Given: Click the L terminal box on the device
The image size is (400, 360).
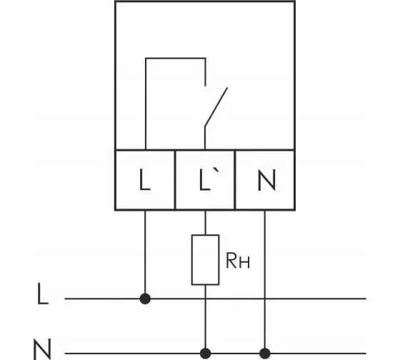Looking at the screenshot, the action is click(145, 180).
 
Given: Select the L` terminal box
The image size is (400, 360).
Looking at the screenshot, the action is click(205, 180).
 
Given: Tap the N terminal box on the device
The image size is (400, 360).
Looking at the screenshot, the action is click(265, 180).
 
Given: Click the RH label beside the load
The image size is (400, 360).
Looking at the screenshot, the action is click(238, 261).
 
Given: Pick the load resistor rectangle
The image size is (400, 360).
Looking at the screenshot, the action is click(206, 259).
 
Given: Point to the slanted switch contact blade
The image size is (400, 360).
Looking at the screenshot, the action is click(216, 106).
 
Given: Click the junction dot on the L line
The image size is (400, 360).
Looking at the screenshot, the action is click(145, 299).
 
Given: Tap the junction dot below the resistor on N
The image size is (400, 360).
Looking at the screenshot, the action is click(206, 354).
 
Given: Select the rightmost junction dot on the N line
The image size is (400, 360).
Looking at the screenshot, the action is click(265, 354).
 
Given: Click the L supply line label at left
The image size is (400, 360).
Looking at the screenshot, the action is click(43, 294).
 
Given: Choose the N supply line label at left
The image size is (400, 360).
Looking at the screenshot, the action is click(42, 349).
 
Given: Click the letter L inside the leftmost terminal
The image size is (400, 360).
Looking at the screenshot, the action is click(145, 179).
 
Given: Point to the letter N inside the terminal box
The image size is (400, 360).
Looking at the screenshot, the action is click(266, 180).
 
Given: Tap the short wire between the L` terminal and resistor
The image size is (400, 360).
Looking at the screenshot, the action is click(206, 222).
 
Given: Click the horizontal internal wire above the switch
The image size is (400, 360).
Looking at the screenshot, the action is click(176, 59).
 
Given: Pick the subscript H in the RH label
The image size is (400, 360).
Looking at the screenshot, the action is click(245, 264).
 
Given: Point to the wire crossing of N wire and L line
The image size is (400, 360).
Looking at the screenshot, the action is click(265, 299).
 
